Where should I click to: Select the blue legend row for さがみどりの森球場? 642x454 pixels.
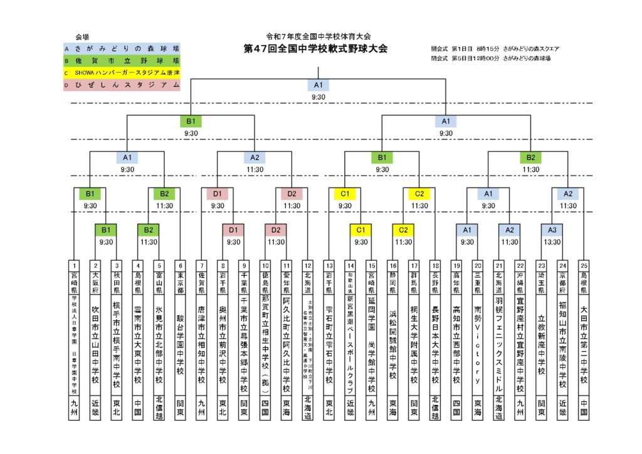(x=122, y=48)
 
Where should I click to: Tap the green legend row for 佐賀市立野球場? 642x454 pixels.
(x=122, y=61)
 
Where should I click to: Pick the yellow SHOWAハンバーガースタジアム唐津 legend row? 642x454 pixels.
(x=122, y=73)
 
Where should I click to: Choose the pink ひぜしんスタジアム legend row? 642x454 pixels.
(x=122, y=85)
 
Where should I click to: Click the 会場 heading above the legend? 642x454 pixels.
(x=82, y=37)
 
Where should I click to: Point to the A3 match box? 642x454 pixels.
(x=552, y=230)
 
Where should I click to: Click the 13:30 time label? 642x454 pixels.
(x=552, y=241)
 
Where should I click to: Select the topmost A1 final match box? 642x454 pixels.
(x=318, y=85)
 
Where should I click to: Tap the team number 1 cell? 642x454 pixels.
(x=75, y=265)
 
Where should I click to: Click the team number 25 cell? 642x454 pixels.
(x=584, y=265)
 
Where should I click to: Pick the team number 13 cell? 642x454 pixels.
(x=329, y=265)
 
